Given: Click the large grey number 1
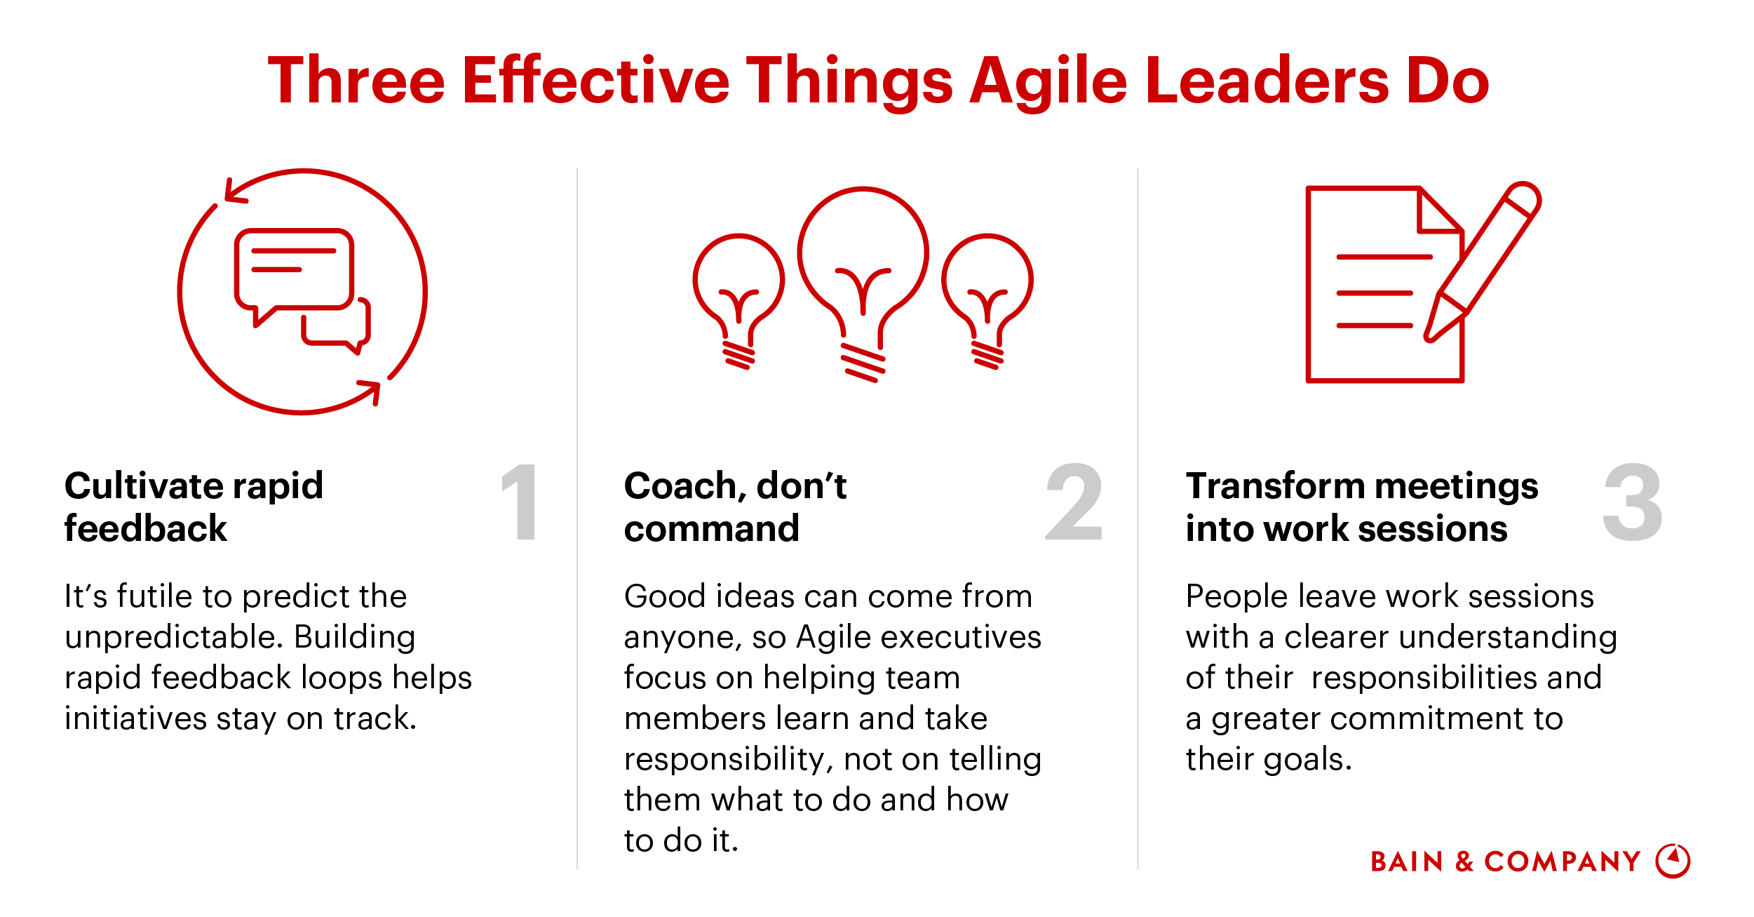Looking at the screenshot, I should pyautogui.click(x=520, y=502).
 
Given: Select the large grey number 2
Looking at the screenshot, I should pyautogui.click(x=1073, y=502).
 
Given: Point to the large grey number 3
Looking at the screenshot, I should pyautogui.click(x=1632, y=502).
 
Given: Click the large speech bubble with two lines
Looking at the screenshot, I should pyautogui.click(x=293, y=270).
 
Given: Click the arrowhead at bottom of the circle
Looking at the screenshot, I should pyautogui.click(x=370, y=390).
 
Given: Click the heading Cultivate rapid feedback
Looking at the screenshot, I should pyautogui.click(x=193, y=507).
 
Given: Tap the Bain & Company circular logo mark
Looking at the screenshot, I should pyautogui.click(x=1673, y=861).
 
